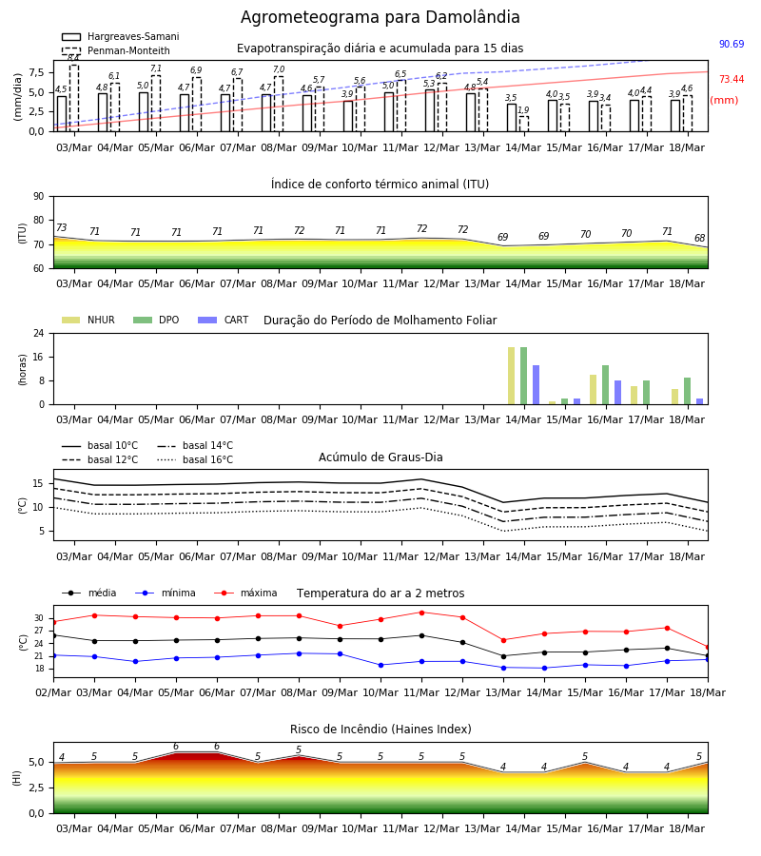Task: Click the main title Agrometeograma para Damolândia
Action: pyautogui.click(x=380, y=17)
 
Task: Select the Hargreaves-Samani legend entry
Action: pyautogui.click(x=121, y=36)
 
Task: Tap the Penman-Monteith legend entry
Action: pyautogui.click(x=116, y=50)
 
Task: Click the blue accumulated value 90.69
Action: pyautogui.click(x=732, y=44)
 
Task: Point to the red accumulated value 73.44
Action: pyautogui.click(x=732, y=79)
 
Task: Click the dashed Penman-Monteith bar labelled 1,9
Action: pyautogui.click(x=523, y=124)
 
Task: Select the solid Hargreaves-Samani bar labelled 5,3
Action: pyautogui.click(x=430, y=111)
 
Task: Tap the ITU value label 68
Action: pyautogui.click(x=699, y=238)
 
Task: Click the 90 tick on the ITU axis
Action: pyautogui.click(x=39, y=197)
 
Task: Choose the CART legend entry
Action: pyautogui.click(x=224, y=320)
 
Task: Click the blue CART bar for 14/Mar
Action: pyautogui.click(x=537, y=385)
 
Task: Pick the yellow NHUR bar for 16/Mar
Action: pyautogui.click(x=593, y=390)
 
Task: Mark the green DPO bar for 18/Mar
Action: pyautogui.click(x=688, y=391)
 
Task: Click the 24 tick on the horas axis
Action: pyautogui.click(x=39, y=333)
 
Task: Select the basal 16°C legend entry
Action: pyautogui.click(x=195, y=459)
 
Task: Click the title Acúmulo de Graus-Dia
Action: pyautogui.click(x=380, y=457)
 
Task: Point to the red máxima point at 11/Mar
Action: pyautogui.click(x=421, y=613)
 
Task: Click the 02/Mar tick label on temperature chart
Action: pyautogui.click(x=53, y=692)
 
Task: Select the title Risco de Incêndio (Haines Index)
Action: pyautogui.click(x=380, y=730)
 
